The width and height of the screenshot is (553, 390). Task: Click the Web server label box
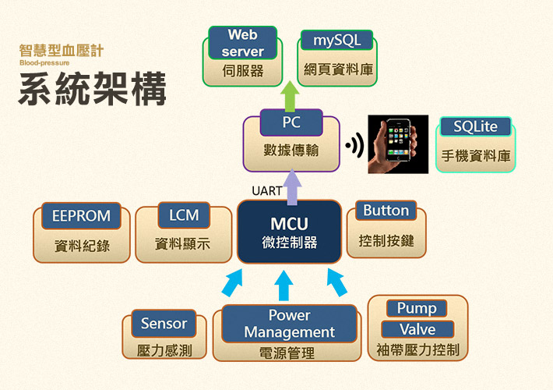(x=243, y=43)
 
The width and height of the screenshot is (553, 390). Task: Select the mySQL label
(x=336, y=41)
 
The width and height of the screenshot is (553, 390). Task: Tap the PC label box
(x=291, y=122)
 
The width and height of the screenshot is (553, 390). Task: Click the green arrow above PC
(x=290, y=96)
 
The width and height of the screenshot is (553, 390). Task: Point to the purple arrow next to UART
(x=292, y=187)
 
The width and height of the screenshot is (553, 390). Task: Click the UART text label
(x=266, y=191)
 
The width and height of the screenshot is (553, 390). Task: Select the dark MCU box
(x=290, y=232)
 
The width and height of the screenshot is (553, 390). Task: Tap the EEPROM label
(x=81, y=216)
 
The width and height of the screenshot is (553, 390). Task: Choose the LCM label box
(x=184, y=215)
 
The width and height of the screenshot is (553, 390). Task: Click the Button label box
(x=386, y=211)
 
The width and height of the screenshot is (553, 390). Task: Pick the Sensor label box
(x=164, y=323)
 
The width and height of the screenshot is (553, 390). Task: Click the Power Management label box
(x=289, y=324)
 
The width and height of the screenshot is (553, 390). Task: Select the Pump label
(x=417, y=308)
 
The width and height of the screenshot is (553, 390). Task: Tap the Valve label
(x=417, y=329)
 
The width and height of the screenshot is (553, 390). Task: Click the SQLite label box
(x=475, y=126)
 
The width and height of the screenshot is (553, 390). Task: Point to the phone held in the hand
(x=399, y=140)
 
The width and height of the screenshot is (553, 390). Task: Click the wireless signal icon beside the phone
(x=355, y=145)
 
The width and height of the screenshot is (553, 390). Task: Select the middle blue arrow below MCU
(x=284, y=285)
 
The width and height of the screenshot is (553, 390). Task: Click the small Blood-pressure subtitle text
(x=44, y=63)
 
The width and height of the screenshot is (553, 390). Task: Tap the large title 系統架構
(x=93, y=88)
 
